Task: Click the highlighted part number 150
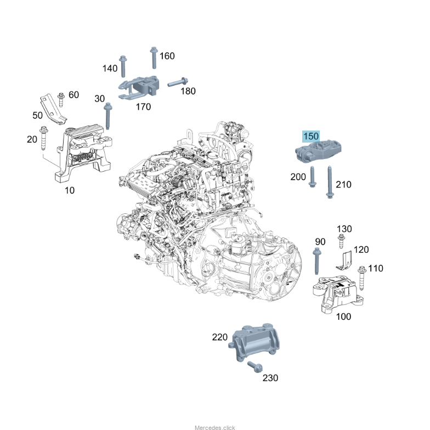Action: tap(310, 136)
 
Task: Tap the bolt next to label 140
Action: tap(124, 65)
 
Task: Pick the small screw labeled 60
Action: tap(61, 99)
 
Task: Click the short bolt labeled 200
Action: tap(312, 177)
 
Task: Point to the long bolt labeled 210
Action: tap(329, 181)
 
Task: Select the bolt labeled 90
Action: tap(317, 262)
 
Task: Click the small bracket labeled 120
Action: tap(344, 261)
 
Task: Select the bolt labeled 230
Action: tap(254, 367)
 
